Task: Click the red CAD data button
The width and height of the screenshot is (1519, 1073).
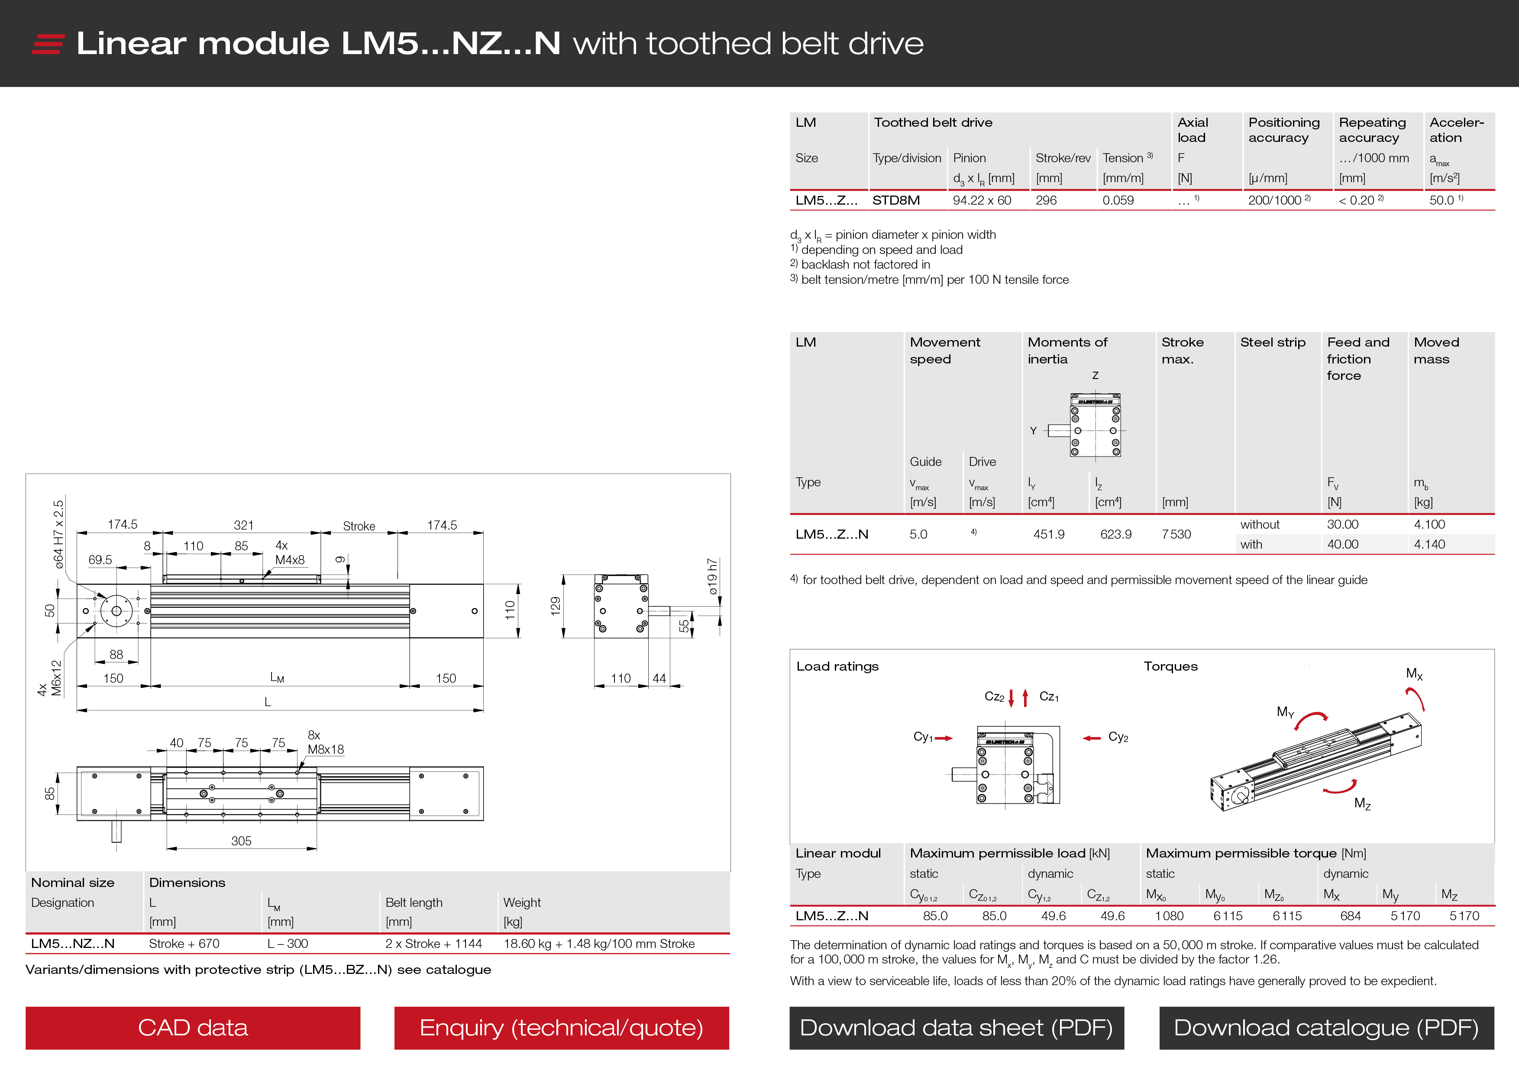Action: click(x=193, y=1028)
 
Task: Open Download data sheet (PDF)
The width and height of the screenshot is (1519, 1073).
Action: click(x=956, y=1028)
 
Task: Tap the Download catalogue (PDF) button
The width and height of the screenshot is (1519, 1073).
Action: click(x=1326, y=1028)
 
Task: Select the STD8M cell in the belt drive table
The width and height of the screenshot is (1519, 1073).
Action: click(x=896, y=200)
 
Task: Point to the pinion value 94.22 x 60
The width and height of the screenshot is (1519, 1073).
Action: click(x=982, y=200)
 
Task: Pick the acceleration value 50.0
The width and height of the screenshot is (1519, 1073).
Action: click(x=1442, y=200)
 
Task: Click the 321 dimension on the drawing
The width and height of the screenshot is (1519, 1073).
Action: click(x=243, y=525)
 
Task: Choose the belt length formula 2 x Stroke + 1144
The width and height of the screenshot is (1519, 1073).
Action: click(x=433, y=944)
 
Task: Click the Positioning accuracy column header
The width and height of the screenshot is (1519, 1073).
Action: click(x=1283, y=129)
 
